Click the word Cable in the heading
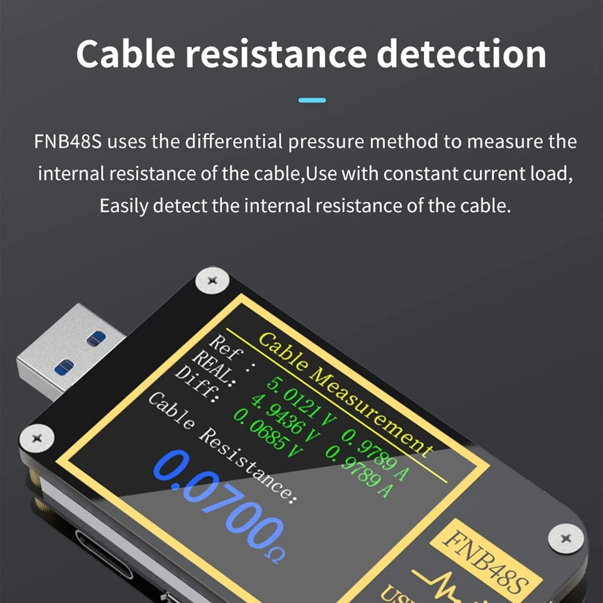tap(125, 54)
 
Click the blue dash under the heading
tap(312, 100)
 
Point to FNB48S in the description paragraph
tap(68, 142)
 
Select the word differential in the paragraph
tap(233, 142)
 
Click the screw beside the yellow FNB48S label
tap(565, 538)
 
